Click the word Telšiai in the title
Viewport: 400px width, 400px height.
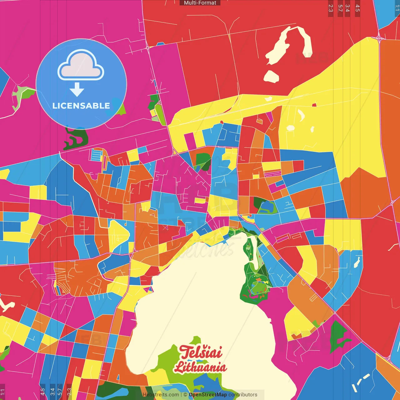201,352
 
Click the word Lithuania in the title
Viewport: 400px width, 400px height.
200,367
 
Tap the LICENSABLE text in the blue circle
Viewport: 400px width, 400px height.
81,106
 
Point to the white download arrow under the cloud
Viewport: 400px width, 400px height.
77,89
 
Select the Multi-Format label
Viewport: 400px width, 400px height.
200,3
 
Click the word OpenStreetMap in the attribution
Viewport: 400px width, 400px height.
207,395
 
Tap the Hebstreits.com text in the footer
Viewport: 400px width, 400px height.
161,395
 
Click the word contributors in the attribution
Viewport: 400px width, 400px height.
243,395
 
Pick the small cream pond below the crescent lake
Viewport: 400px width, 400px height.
271,77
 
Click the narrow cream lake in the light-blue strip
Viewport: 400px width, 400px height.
357,262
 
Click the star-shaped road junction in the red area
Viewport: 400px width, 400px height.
379,38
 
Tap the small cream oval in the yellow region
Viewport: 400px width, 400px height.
291,128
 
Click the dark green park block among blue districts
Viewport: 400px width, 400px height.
203,161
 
